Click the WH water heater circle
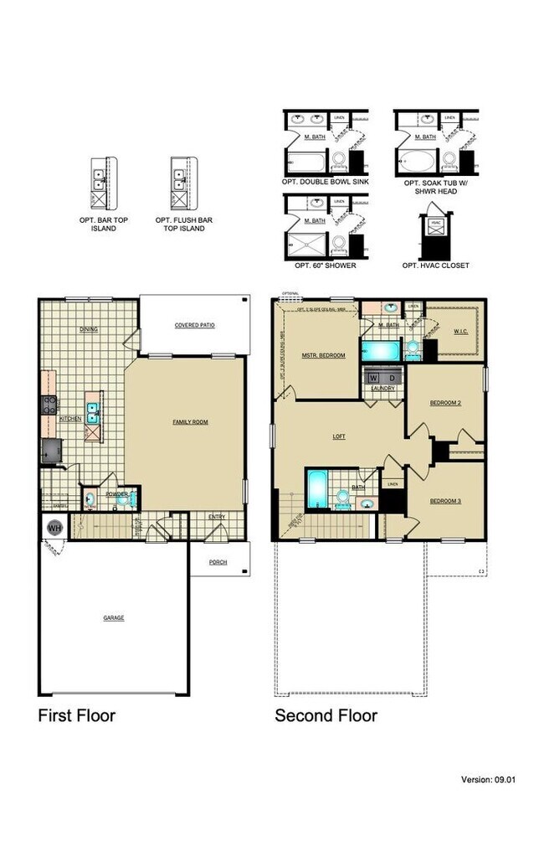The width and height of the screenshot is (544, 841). (54, 528)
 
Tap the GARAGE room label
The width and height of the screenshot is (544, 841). (113, 617)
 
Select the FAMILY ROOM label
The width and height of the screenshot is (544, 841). (190, 421)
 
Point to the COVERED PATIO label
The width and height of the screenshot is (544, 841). (195, 325)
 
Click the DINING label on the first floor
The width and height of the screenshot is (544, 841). (89, 329)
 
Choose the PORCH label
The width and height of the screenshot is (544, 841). (218, 561)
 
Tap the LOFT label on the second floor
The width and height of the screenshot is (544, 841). (339, 436)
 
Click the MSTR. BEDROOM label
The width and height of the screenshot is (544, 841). (324, 355)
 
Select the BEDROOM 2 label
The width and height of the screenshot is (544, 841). (445, 403)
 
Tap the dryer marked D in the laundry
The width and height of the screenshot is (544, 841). (392, 378)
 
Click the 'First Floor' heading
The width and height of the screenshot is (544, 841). (76, 715)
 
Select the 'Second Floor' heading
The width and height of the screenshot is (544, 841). (326, 715)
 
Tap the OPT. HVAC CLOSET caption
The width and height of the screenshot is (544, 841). (435, 266)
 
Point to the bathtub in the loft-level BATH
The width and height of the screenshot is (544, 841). (318, 488)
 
